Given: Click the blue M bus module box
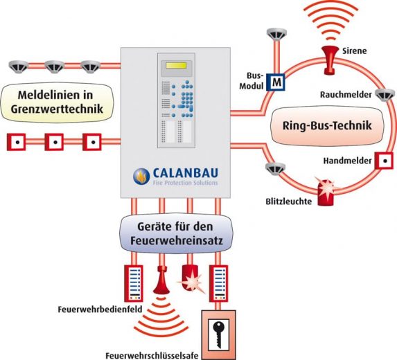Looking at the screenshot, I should tap(276, 82).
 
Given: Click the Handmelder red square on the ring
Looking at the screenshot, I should tap(384, 161).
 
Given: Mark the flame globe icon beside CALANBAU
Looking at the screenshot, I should tap(141, 177).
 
